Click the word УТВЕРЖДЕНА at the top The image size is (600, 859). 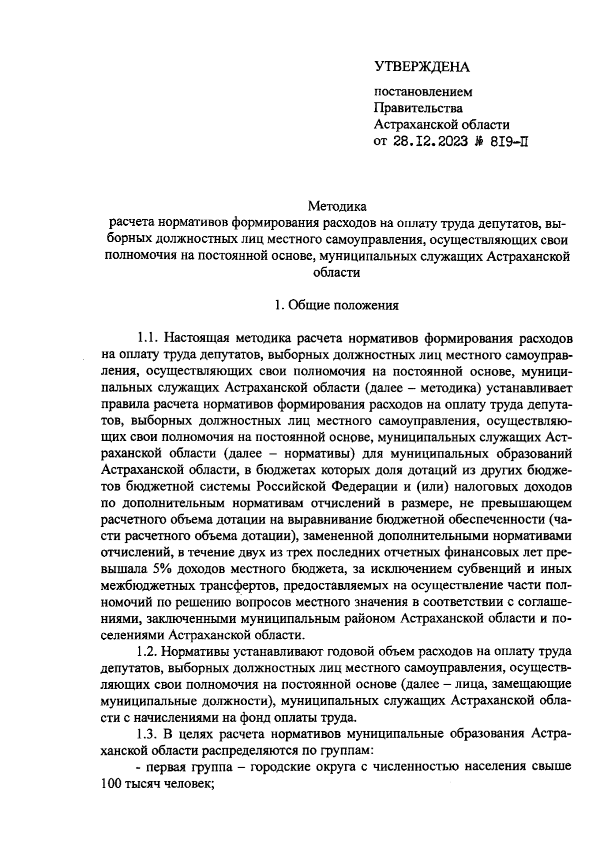click(422, 67)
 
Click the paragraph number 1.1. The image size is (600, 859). click(148, 338)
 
